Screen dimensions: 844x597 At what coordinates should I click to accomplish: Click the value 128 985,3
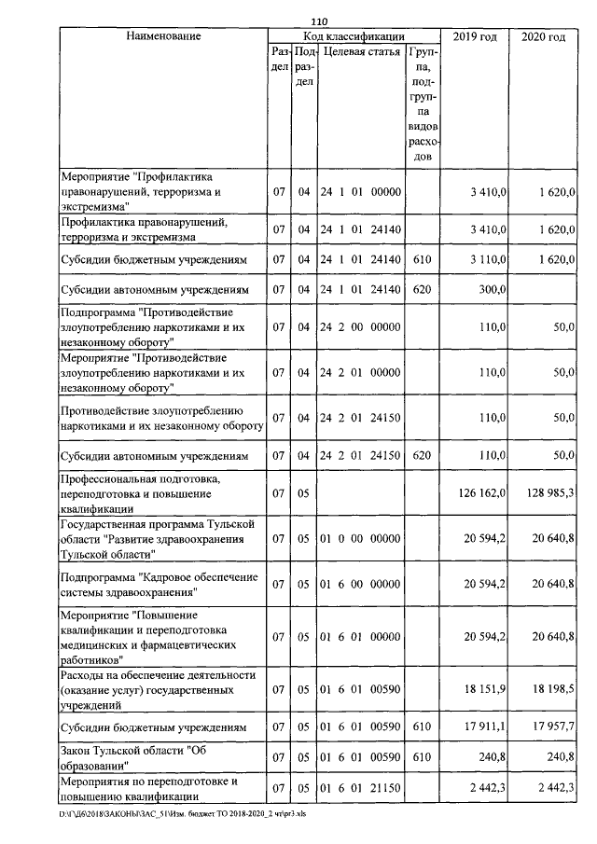tap(547, 491)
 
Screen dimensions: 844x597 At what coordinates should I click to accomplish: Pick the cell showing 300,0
tap(490, 290)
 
